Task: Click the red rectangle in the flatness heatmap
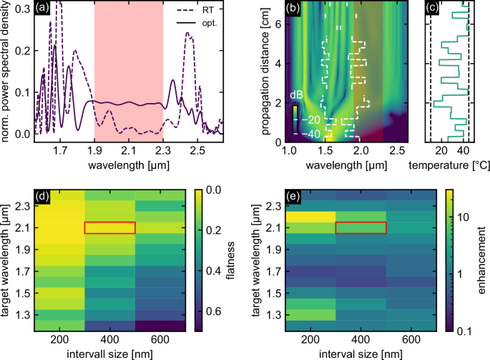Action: tap(109, 228)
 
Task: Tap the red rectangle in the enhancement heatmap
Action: tap(361, 228)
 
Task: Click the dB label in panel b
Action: tap(296, 95)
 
